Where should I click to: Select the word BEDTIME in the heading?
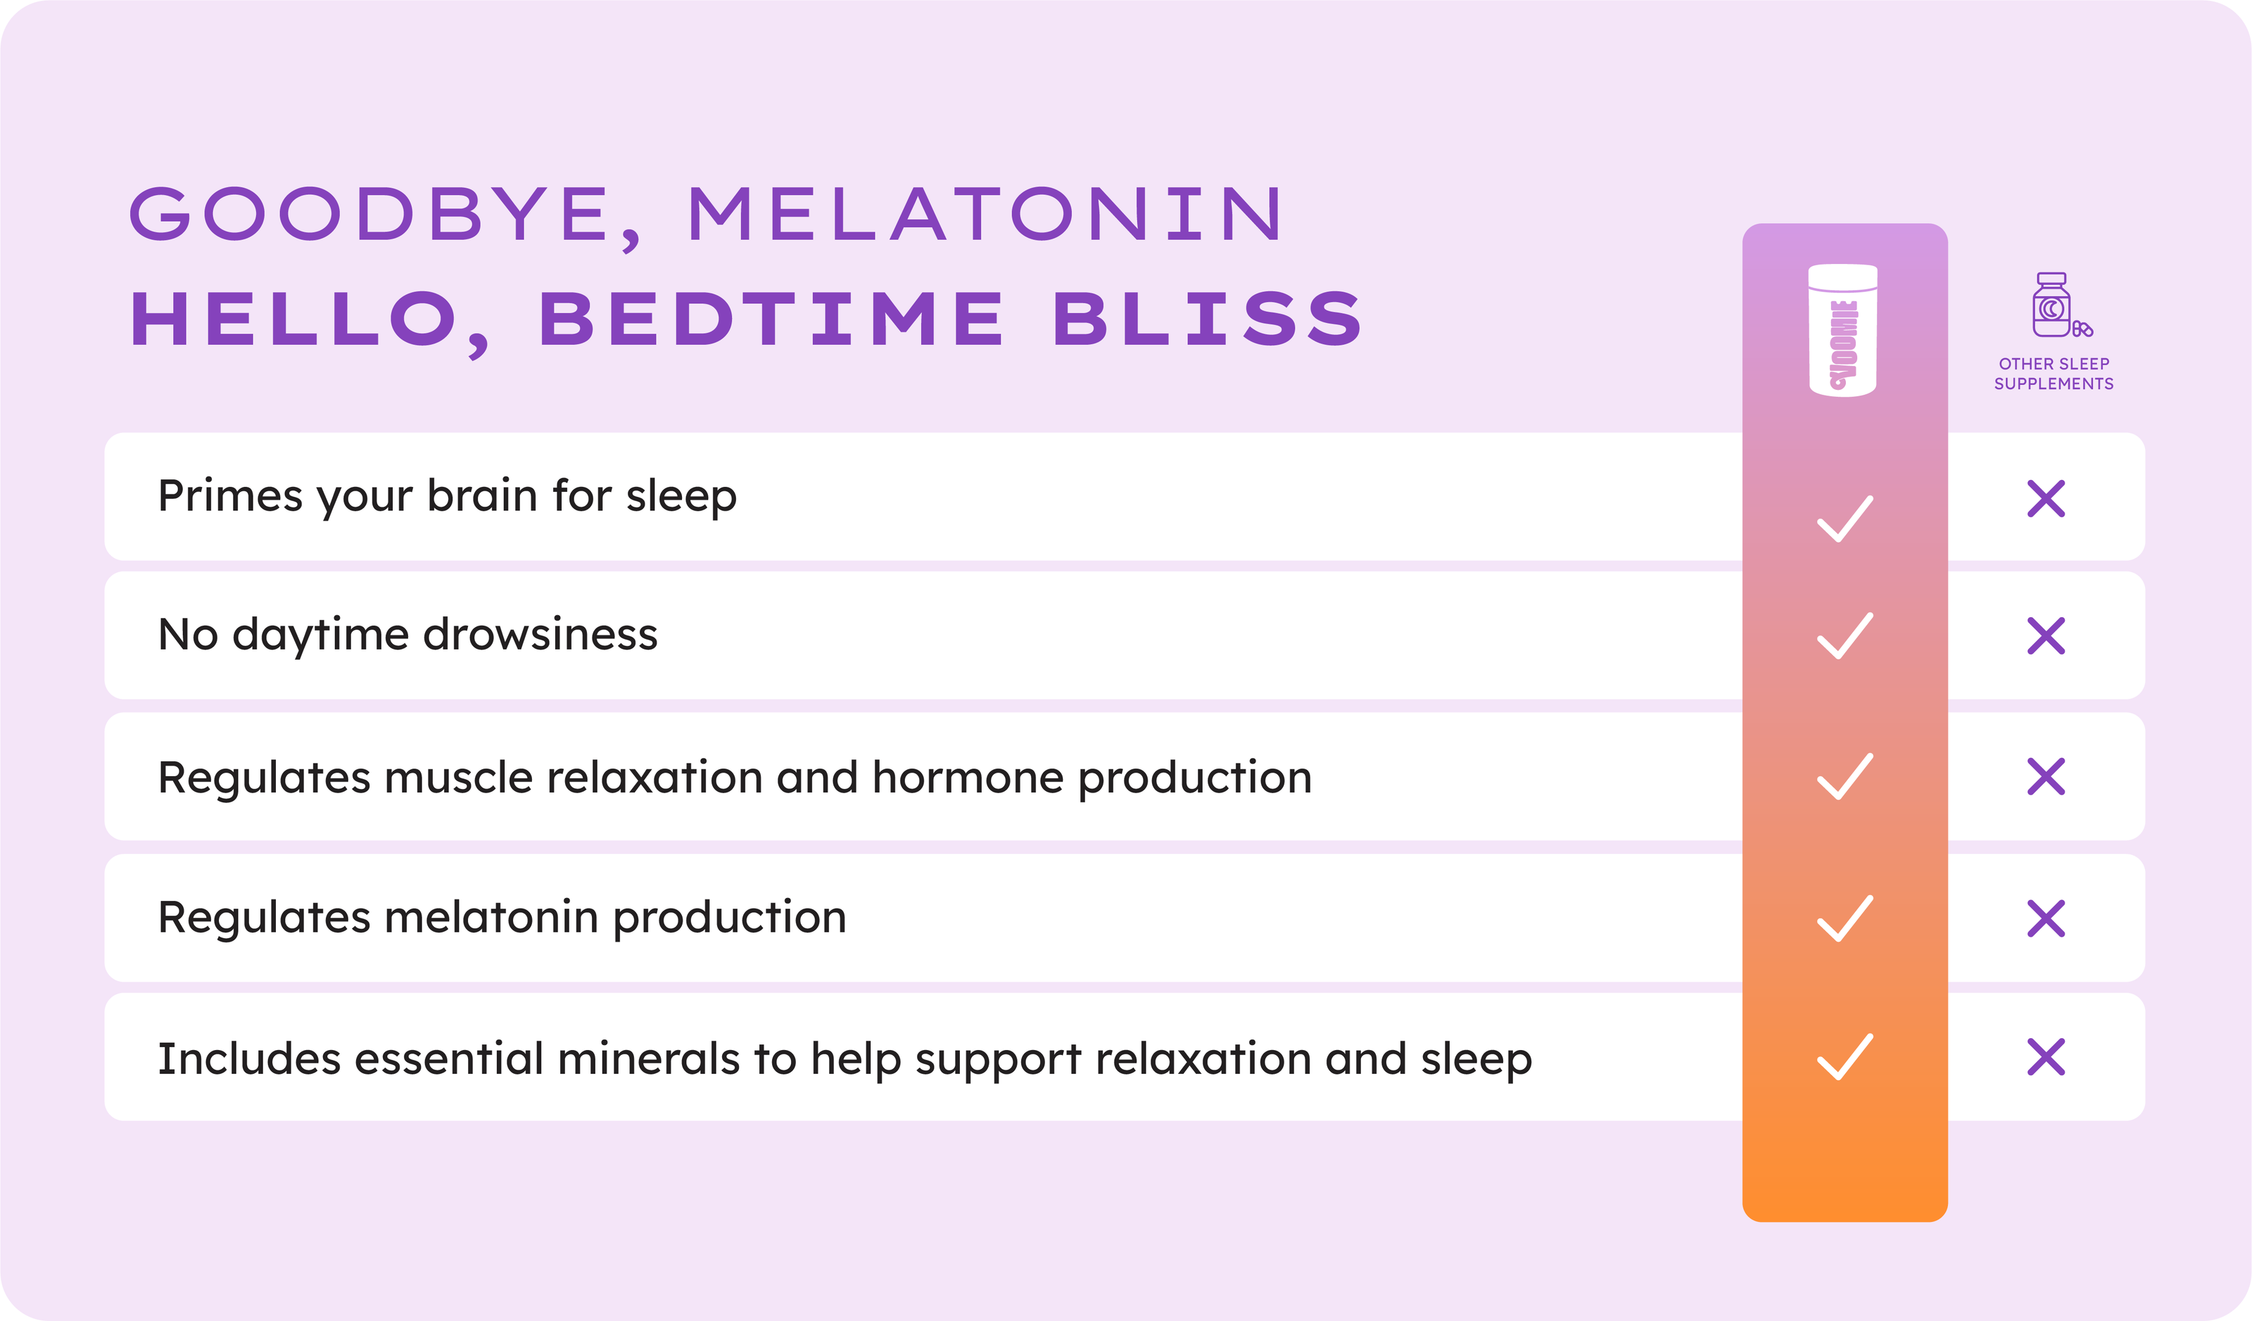coord(771,318)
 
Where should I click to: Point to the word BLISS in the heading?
coord(1208,318)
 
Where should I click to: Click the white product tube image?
coord(1842,330)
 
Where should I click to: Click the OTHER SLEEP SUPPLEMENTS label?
coord(2054,374)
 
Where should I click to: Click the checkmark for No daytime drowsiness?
coord(1845,636)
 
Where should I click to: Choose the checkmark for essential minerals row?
coord(1845,1056)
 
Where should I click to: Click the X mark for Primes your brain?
coord(2047,499)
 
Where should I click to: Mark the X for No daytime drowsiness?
coord(2047,636)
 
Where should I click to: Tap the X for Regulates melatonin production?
coord(2047,918)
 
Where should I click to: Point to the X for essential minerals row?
coord(2047,1056)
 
